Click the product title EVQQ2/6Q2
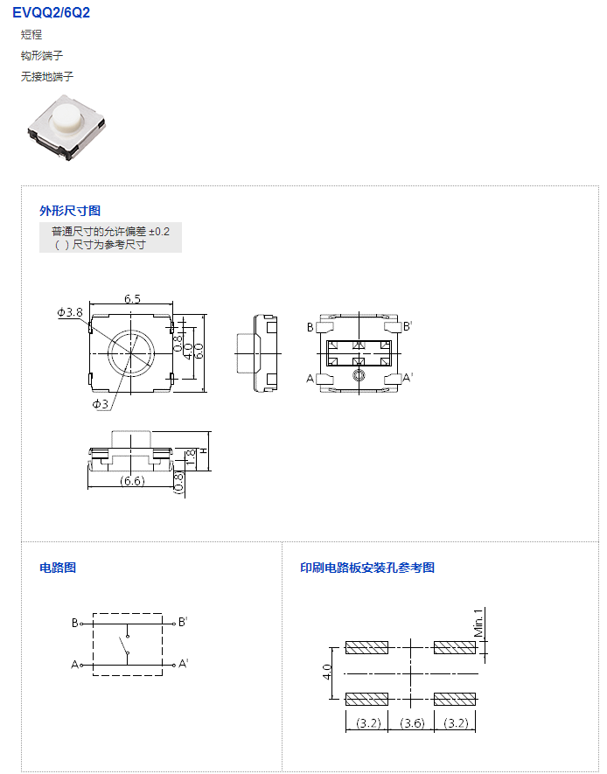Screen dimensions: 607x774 52,12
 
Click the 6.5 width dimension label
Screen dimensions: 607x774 132,298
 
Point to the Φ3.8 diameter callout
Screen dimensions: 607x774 70,312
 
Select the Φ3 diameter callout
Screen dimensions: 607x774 101,404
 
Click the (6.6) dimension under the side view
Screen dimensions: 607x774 132,480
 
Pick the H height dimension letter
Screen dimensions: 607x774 203,450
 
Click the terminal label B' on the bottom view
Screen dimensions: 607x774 407,326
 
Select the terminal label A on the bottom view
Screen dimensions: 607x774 310,379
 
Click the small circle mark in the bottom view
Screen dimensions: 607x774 359,376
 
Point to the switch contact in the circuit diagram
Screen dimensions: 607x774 124,645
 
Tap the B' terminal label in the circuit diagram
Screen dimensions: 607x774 183,622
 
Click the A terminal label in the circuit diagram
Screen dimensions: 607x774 75,665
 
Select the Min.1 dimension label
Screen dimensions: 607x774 478,623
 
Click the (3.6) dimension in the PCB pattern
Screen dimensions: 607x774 412,723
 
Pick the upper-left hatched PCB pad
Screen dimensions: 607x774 366,647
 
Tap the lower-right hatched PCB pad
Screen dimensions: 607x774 455,699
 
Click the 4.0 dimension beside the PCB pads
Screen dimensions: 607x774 327,672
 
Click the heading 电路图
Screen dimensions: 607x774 58,568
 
